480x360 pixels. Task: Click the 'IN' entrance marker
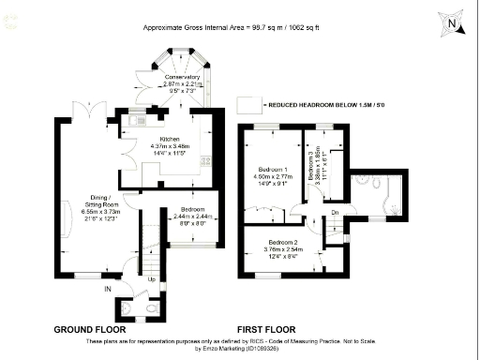108,290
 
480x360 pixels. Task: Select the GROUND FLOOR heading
90,330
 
